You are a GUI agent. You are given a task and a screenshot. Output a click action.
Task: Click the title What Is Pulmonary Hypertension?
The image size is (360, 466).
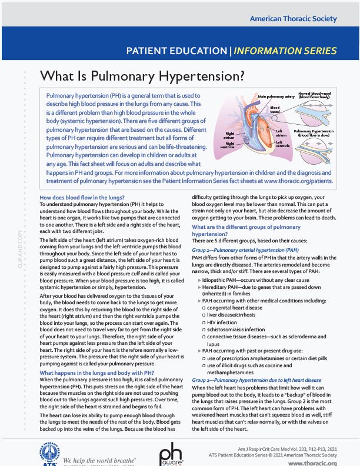tap(142, 76)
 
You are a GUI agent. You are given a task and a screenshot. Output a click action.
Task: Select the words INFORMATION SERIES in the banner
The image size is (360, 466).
tap(292, 51)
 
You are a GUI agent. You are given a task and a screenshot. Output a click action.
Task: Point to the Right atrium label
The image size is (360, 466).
tap(229, 135)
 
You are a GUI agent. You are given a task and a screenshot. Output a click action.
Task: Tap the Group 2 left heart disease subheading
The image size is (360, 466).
tap(256, 380)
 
